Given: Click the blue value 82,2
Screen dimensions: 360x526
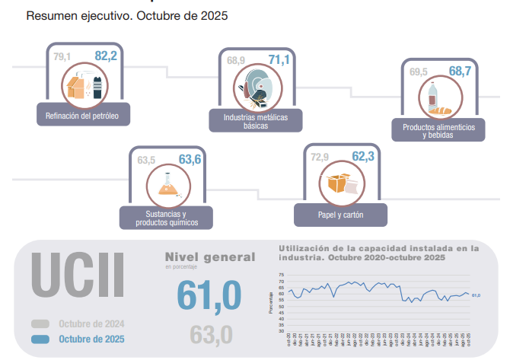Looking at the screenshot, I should point(106,56).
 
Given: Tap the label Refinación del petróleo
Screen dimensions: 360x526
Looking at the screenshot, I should point(82,116).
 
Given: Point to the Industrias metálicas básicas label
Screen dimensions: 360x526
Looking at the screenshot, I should point(255,122).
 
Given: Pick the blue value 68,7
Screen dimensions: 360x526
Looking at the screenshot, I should point(460,72).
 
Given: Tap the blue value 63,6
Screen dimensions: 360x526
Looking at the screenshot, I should point(190,160).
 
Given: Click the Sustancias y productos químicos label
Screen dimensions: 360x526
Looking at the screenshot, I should point(167,218).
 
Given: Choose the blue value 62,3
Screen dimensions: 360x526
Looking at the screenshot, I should point(364,157).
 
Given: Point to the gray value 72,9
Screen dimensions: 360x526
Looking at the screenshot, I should point(320,158).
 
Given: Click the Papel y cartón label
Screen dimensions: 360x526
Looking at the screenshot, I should point(340,215).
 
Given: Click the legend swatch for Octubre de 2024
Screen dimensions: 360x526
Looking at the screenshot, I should point(41,323).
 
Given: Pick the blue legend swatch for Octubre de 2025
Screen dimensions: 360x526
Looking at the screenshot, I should point(41,339).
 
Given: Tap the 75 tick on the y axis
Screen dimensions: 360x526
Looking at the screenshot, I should point(281,275).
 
